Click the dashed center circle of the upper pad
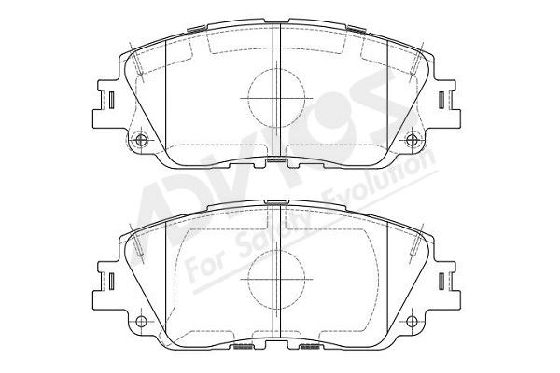point(276,96)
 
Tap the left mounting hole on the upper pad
point(142,141)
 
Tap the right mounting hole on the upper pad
point(413,141)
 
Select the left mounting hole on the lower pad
point(142,322)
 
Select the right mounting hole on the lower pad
point(413,322)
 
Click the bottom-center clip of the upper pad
point(277,163)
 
